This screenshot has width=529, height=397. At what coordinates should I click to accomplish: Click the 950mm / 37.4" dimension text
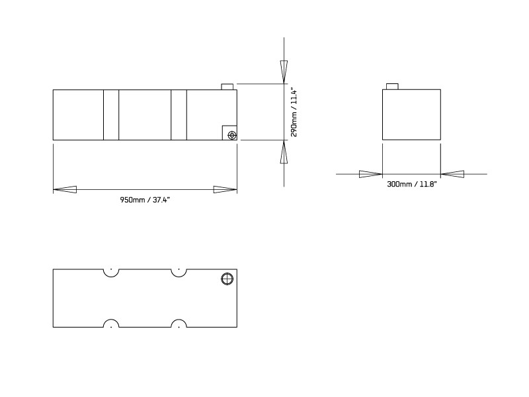[x=145, y=200]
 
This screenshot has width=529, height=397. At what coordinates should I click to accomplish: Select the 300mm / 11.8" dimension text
[x=411, y=185]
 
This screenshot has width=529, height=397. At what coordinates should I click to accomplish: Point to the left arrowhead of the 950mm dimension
[x=65, y=190]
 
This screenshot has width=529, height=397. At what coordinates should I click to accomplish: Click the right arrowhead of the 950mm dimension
[x=225, y=190]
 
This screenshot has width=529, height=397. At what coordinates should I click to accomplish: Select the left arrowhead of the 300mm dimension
[x=370, y=174]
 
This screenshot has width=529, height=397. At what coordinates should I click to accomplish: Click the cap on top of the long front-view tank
[x=227, y=87]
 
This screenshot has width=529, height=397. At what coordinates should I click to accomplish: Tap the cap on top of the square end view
[x=392, y=87]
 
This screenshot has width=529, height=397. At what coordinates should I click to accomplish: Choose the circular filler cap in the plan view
[x=226, y=279]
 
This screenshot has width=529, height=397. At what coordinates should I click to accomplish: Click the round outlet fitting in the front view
[x=231, y=135]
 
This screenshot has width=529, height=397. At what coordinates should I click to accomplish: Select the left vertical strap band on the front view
[x=111, y=115]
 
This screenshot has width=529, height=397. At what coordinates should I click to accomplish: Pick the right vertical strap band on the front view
[x=179, y=115]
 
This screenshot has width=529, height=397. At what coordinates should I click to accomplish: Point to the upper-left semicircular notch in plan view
[x=111, y=272]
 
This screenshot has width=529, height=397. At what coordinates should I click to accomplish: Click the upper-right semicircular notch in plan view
[x=178, y=272]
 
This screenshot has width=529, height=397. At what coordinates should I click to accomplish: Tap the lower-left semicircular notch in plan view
[x=111, y=324]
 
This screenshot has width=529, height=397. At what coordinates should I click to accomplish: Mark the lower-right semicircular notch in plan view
[x=178, y=324]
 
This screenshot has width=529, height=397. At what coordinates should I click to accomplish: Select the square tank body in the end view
[x=411, y=115]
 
